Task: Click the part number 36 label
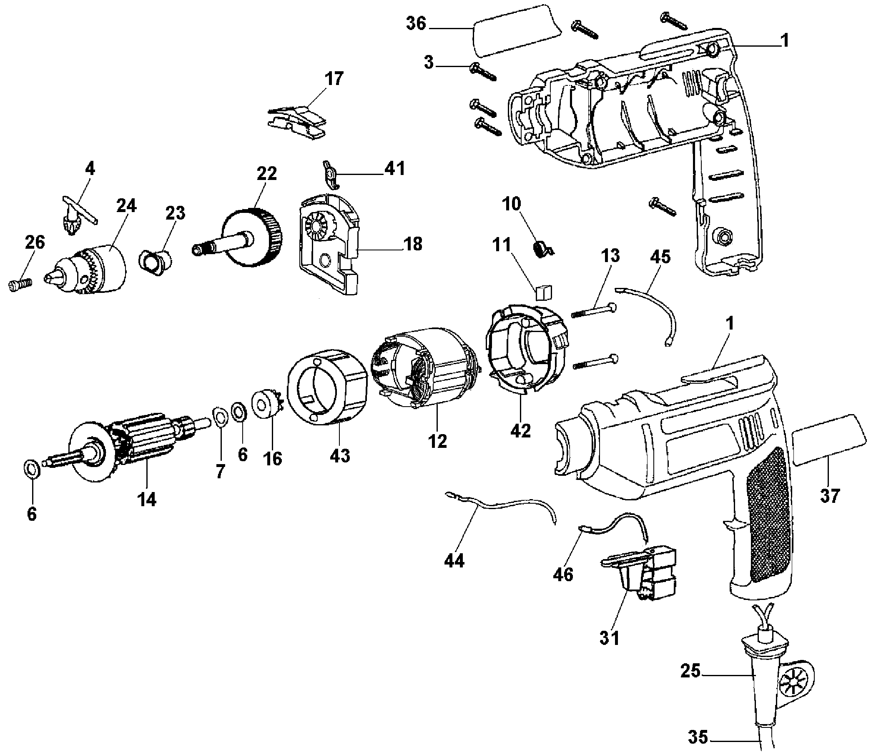point(416,23)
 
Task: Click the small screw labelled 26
point(20,284)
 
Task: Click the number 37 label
point(830,496)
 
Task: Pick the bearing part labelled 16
point(268,405)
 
